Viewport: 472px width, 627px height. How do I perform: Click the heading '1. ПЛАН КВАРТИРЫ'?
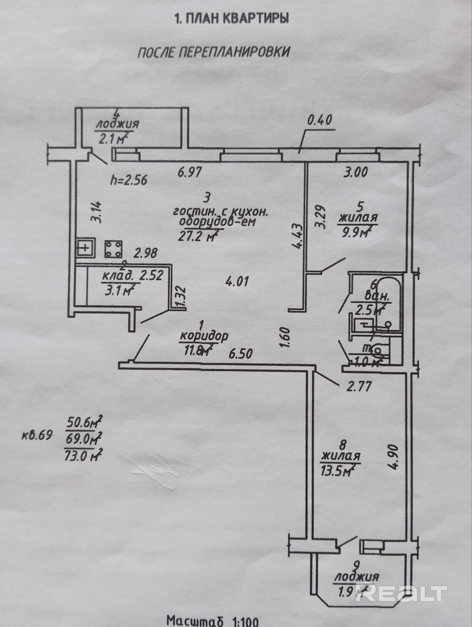click(231, 19)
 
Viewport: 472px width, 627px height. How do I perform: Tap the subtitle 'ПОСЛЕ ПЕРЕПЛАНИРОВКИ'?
click(214, 52)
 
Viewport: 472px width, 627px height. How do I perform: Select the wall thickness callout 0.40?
click(320, 120)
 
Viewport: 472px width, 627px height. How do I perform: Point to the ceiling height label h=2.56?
click(129, 179)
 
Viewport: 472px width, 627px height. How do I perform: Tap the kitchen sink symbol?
click(85, 247)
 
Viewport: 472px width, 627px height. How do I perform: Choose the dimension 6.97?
click(190, 172)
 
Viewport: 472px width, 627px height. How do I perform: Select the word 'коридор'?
click(204, 336)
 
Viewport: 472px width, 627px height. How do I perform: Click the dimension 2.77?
click(359, 386)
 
